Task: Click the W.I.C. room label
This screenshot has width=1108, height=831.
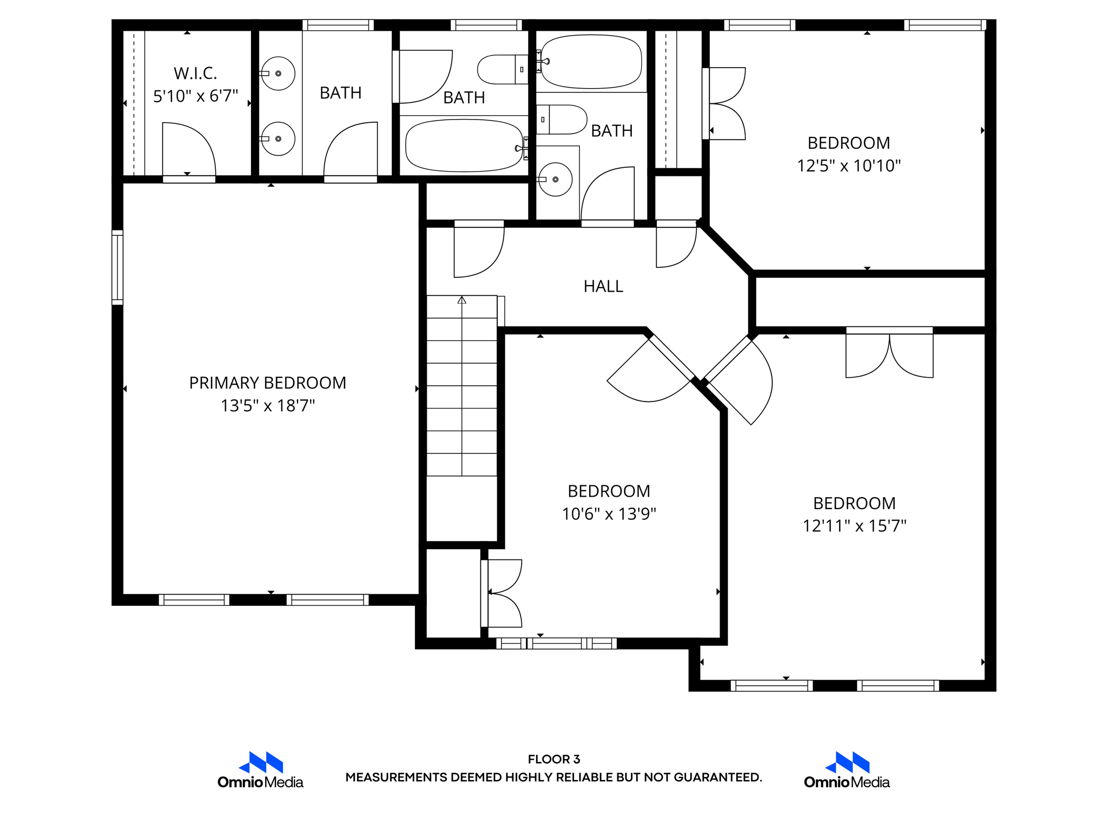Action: [x=195, y=73]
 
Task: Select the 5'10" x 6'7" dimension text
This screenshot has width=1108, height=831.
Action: [x=195, y=96]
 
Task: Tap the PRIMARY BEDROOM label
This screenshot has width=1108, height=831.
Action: [x=267, y=383]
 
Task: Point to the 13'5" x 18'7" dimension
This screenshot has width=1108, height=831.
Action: [x=267, y=406]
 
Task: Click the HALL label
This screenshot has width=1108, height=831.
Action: [x=603, y=286]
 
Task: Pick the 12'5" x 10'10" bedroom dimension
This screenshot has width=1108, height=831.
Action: [x=848, y=166]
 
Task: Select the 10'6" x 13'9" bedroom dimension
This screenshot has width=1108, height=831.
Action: [x=609, y=514]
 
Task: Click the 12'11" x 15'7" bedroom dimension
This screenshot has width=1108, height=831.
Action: [x=854, y=526]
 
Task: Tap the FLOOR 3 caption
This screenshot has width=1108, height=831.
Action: [x=553, y=759]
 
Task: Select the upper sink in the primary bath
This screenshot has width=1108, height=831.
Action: [x=278, y=74]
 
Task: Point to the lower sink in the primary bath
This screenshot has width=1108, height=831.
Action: [x=278, y=139]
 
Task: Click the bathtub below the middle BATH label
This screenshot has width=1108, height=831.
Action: [x=464, y=146]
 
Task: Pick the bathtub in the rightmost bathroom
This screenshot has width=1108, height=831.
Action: [x=591, y=62]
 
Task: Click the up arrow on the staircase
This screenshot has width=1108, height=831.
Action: [x=461, y=300]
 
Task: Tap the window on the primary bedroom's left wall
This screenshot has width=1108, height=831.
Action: [x=117, y=267]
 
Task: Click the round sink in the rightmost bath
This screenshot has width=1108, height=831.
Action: [x=555, y=180]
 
